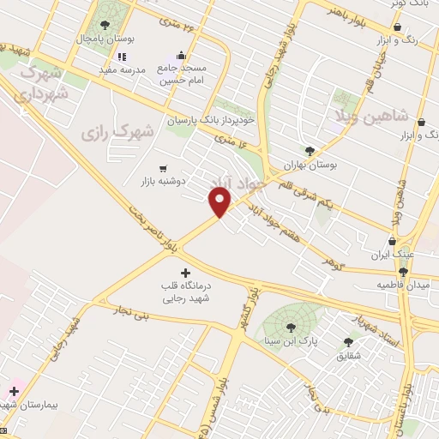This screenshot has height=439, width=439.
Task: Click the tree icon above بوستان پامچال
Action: point(105,25)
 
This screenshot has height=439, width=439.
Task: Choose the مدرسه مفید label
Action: point(119,69)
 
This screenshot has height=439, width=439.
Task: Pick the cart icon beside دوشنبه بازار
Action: point(163,168)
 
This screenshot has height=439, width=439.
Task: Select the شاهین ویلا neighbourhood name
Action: point(379,115)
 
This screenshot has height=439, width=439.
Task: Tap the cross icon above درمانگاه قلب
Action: point(186,273)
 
